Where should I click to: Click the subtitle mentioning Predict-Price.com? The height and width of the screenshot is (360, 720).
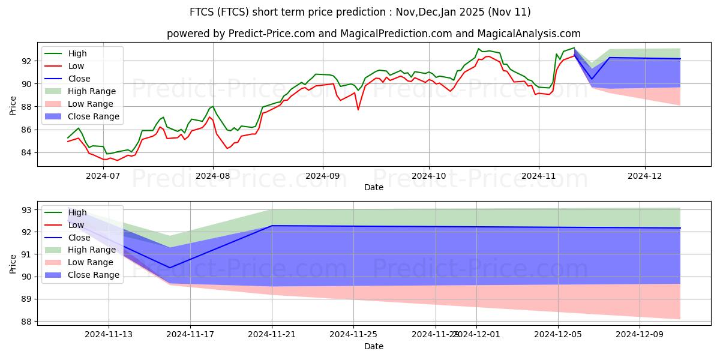(x=373, y=34)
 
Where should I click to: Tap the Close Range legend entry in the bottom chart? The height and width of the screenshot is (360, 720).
(x=93, y=275)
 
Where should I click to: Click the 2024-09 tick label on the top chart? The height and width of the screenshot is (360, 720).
(x=323, y=176)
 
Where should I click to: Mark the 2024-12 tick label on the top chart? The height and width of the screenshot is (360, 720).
(x=645, y=176)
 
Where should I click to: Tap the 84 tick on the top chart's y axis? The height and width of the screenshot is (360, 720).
(x=28, y=152)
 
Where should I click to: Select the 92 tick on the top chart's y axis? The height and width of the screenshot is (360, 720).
(x=28, y=61)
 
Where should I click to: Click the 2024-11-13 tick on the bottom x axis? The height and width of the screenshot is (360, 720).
(x=109, y=334)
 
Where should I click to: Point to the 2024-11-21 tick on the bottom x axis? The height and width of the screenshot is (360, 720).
(x=272, y=334)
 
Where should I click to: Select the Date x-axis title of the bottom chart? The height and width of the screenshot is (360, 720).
(x=373, y=346)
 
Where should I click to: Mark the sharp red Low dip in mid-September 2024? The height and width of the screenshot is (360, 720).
(x=358, y=109)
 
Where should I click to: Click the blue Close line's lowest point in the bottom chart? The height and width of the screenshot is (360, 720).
(x=170, y=268)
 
